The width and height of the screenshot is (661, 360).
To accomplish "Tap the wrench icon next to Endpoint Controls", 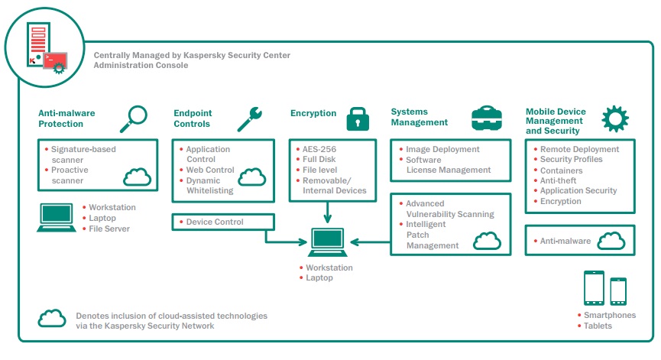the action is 250,119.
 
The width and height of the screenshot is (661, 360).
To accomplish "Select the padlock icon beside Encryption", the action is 358,119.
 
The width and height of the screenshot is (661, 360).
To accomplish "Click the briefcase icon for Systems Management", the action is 487,118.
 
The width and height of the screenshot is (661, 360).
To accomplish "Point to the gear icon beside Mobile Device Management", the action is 615,118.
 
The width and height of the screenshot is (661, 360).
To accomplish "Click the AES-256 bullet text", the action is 319,149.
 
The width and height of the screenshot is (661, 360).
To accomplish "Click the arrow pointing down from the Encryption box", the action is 328,212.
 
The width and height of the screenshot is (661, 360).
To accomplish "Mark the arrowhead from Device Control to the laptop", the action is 303,242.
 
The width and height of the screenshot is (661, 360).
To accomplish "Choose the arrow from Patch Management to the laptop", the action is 370,242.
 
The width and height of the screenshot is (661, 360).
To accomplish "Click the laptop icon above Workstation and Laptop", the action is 328,242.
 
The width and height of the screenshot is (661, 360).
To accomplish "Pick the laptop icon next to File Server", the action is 56,218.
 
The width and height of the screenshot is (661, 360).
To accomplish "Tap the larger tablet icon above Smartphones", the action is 594,288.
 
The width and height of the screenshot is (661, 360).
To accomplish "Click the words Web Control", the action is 210,170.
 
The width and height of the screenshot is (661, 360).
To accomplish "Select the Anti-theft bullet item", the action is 558,180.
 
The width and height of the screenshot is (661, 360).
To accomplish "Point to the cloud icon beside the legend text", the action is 52,318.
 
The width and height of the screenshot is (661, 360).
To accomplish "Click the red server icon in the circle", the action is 38,44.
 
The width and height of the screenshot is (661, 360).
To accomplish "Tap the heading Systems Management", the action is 419,117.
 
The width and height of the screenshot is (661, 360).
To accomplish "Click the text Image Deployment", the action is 442,149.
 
